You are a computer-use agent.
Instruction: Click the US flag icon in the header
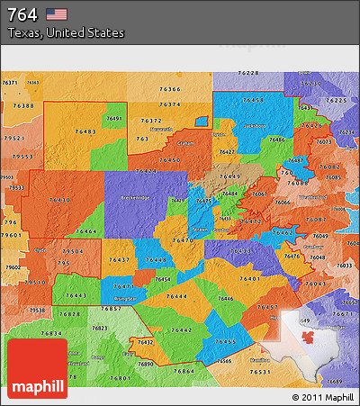coord(57,14)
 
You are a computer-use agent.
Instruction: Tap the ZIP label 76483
coord(86,132)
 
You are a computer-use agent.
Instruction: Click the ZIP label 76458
coord(252,100)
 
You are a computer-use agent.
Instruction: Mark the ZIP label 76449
coord(229,176)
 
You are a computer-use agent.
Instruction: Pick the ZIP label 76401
coord(249,279)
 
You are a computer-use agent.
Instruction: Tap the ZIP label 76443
coord(76,295)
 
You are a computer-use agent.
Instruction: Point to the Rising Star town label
coord(125,298)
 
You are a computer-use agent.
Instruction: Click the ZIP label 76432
coord(145,343)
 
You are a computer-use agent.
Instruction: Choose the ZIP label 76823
coord(98,328)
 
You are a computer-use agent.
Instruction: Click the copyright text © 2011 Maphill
coord(322,397)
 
